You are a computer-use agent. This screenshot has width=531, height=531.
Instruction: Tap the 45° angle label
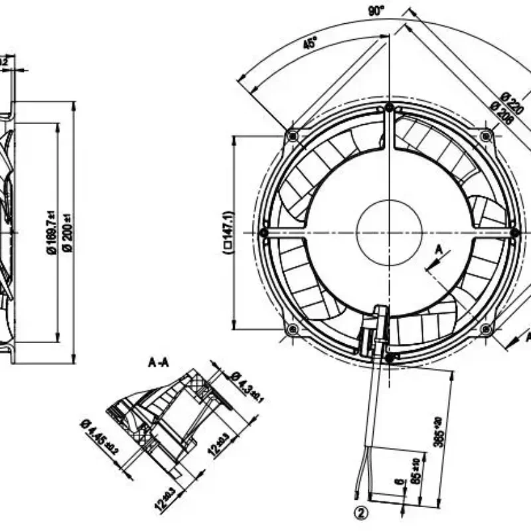tap(309, 44)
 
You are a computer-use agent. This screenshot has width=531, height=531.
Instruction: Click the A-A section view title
tap(160, 363)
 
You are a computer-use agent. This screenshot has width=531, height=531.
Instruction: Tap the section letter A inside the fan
tap(437, 250)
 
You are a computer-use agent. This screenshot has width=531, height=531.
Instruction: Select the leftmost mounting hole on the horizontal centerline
tap(264, 232)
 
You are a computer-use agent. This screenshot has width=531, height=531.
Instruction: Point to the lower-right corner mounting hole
tap(486, 329)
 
